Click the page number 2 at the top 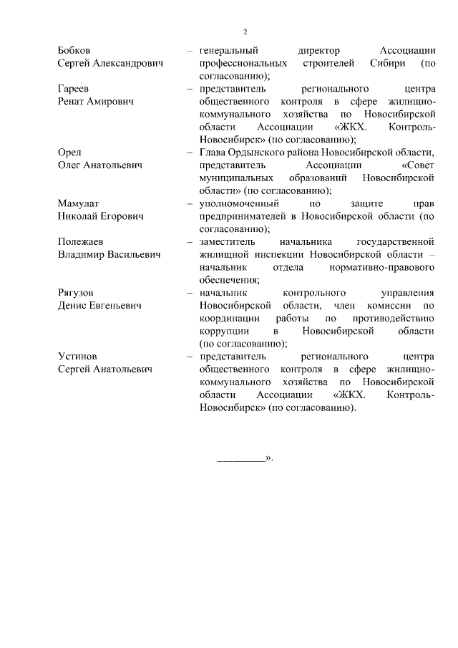click(245, 32)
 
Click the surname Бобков click(74, 51)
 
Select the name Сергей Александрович click(110, 63)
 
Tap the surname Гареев click(73, 89)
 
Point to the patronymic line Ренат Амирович click(97, 101)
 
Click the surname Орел click(69, 153)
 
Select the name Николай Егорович click(101, 216)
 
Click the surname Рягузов click(76, 293)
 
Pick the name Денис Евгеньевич click(99, 305)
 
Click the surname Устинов click(77, 356)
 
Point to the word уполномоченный click(238, 203)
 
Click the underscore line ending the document click(240, 458)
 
